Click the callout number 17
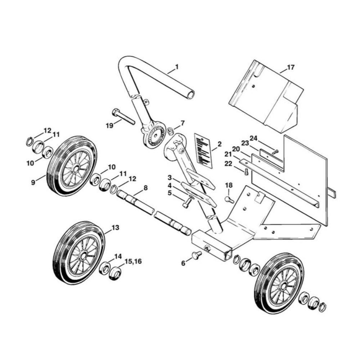coord(291,67)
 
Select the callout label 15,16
coord(133,261)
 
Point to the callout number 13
coord(115,228)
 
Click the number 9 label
coord(33,183)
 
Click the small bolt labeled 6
coord(195,256)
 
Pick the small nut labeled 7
coord(171,130)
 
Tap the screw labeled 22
coord(246,172)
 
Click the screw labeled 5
coord(186,204)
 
